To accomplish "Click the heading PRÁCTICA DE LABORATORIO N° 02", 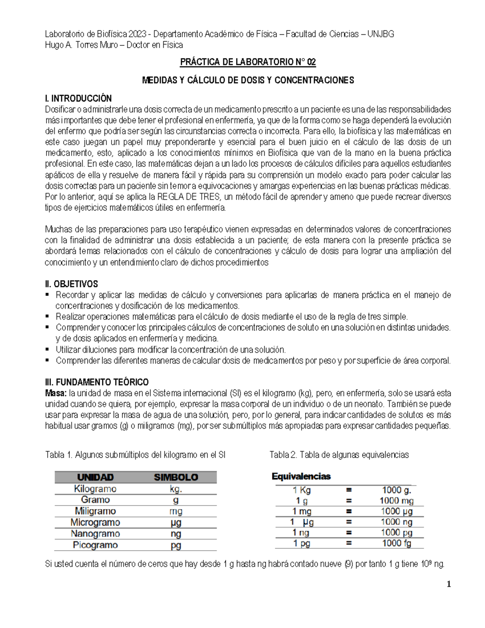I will [x=248, y=62].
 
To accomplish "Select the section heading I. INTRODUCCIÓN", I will [x=78, y=98].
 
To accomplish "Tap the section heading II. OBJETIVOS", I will [x=72, y=284].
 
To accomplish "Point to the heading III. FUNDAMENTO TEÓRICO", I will [x=97, y=382].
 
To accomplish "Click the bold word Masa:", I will [x=56, y=393].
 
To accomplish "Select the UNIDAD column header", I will [x=95, y=477].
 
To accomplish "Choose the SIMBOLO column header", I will [x=176, y=477].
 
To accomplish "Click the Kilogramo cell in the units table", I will [x=95, y=489].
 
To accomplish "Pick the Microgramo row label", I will [x=95, y=522].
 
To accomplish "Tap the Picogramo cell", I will [x=95, y=545].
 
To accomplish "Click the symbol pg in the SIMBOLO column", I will [x=176, y=545].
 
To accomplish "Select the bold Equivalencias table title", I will [x=301, y=476].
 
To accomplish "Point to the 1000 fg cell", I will [x=396, y=543].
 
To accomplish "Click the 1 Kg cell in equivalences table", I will [x=302, y=490].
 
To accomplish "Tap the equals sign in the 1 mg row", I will [x=349, y=512].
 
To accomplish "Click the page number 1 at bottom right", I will [x=449, y=584].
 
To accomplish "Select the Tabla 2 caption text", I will [x=339, y=455].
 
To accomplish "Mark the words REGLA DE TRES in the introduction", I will [x=189, y=197].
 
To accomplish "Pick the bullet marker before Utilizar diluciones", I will [x=47, y=349].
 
